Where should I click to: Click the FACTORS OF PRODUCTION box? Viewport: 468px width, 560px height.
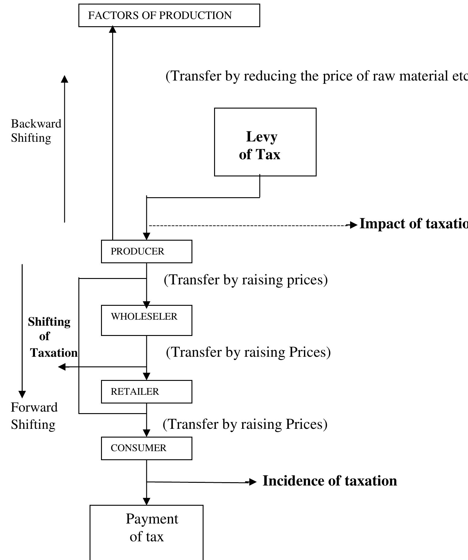[x=169, y=15]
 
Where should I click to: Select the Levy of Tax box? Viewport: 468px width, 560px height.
[x=265, y=142]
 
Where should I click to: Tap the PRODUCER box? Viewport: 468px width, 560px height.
[x=146, y=252]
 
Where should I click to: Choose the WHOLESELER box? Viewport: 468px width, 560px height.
[x=146, y=320]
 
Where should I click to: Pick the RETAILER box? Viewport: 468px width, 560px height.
[x=146, y=392]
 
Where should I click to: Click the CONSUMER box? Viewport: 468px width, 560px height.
[x=146, y=448]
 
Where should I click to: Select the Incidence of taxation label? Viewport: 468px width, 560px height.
[x=330, y=481]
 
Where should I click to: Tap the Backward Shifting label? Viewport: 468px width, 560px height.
[x=36, y=131]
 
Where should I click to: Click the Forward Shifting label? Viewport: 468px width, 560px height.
[x=34, y=416]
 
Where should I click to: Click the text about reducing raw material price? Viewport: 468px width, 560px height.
[x=317, y=76]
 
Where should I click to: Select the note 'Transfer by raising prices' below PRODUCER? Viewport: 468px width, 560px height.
[x=245, y=280]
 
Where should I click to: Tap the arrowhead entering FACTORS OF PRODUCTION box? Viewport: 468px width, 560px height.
[x=112, y=29]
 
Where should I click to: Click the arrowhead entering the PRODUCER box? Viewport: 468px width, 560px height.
[x=146, y=236]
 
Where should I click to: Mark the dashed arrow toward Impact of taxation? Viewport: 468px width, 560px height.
[x=247, y=225]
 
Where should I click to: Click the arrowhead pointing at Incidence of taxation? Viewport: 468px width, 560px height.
[x=252, y=482]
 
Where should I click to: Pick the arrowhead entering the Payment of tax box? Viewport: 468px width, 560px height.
[x=146, y=501]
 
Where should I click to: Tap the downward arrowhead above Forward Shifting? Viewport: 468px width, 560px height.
[x=22, y=394]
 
